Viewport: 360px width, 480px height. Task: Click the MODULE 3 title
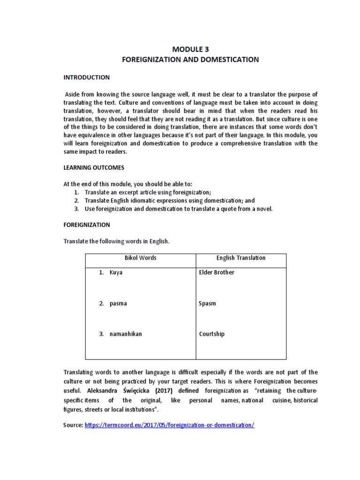pos(190,50)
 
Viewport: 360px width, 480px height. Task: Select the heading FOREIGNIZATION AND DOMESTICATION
pos(190,60)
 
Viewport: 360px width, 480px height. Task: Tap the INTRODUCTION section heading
pos(87,77)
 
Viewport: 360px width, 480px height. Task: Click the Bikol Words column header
pos(140,258)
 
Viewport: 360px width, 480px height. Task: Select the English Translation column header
pos(240,258)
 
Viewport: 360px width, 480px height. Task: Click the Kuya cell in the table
pos(116,272)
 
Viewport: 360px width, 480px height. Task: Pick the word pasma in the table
pos(118,303)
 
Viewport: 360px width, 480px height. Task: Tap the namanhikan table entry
pos(126,334)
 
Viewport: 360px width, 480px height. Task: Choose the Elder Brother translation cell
pos(217,272)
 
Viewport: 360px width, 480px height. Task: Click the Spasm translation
pos(207,303)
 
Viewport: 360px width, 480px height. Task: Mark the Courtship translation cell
pos(212,334)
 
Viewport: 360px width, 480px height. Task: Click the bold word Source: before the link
pos(73,425)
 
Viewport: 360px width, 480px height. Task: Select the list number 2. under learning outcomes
pos(77,201)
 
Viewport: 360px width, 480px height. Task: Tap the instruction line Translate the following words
pos(116,241)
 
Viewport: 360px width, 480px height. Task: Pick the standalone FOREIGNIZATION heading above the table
pos(86,225)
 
